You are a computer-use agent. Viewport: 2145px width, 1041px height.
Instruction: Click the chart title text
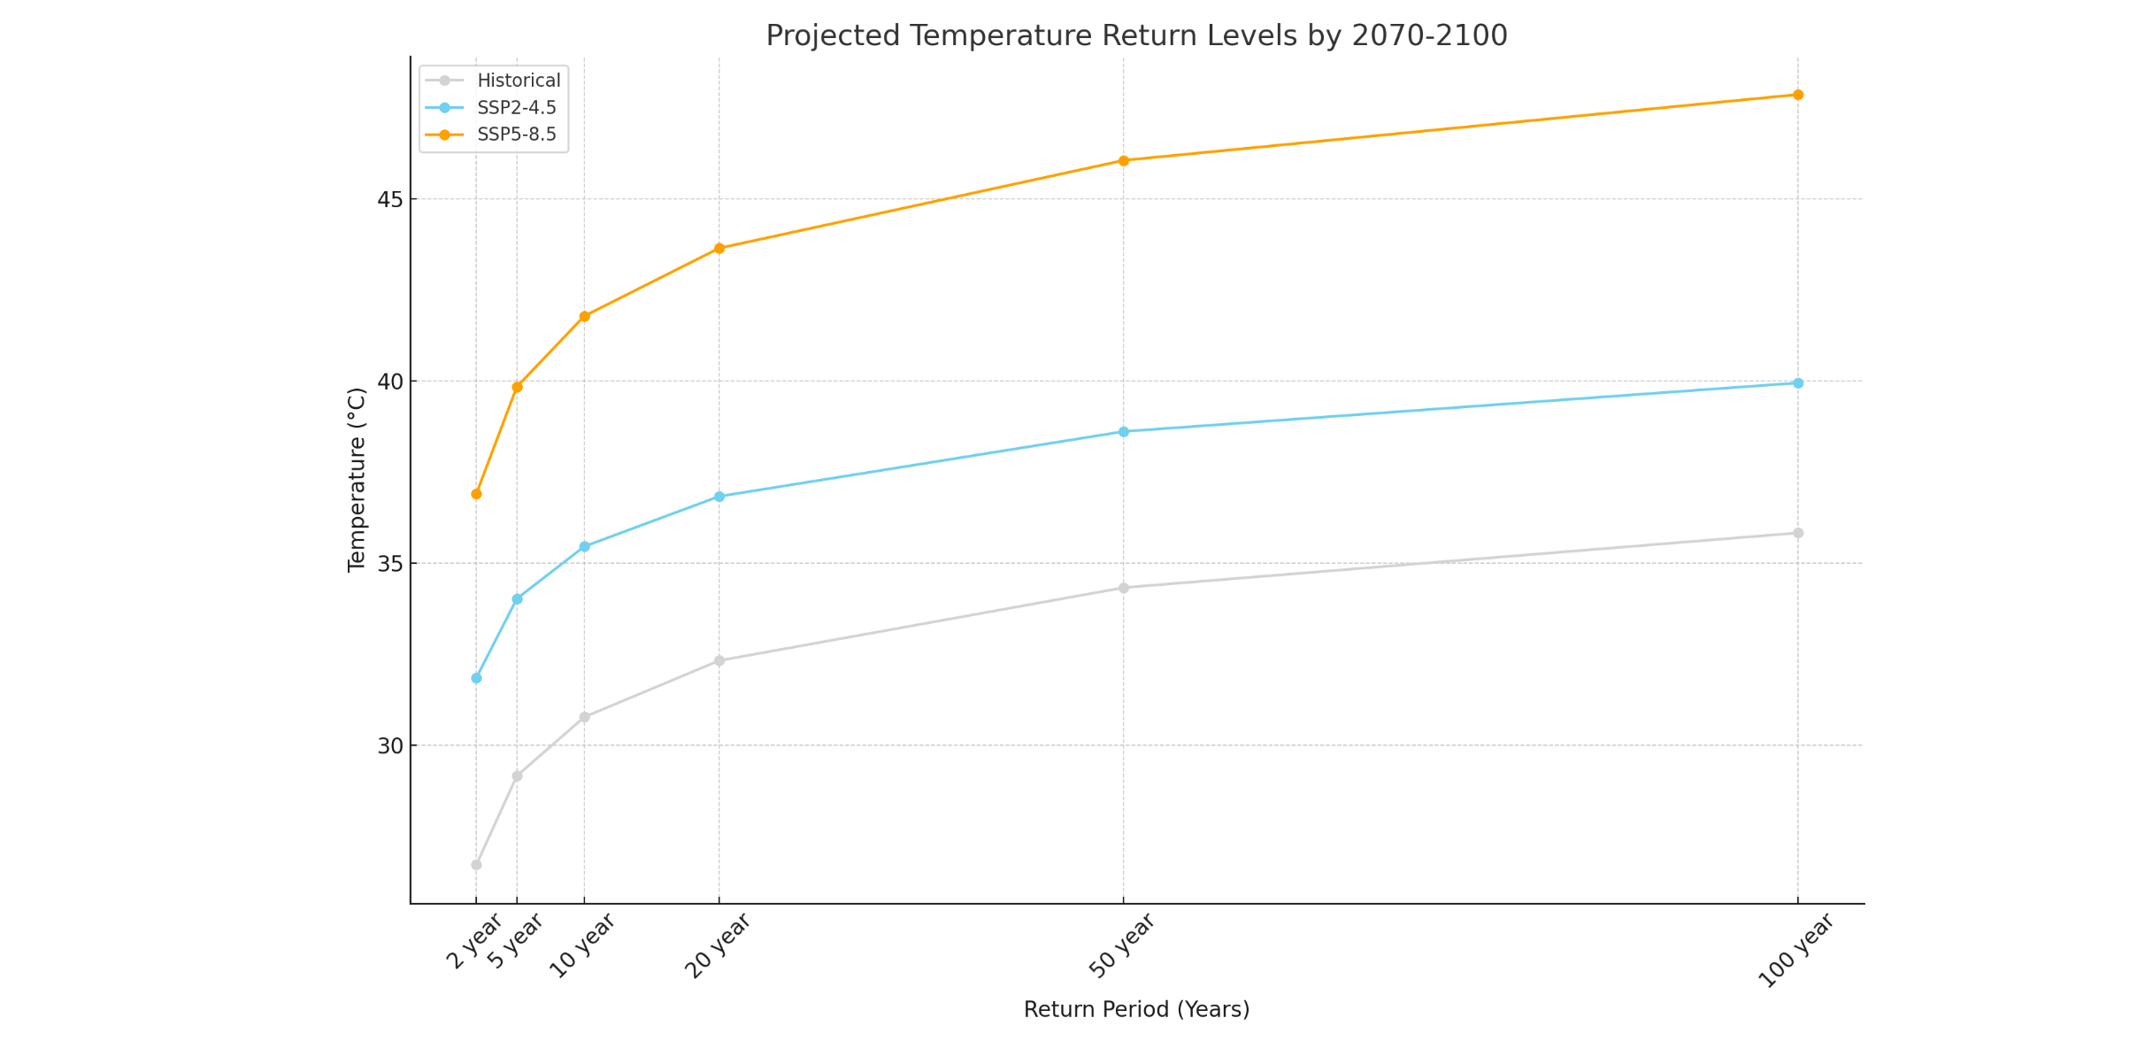click(x=1136, y=36)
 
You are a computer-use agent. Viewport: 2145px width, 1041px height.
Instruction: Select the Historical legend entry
click(x=518, y=81)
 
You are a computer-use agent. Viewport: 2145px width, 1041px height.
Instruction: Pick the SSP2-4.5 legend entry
click(x=516, y=108)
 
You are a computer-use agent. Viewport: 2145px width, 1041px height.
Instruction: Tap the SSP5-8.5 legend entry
click(x=516, y=135)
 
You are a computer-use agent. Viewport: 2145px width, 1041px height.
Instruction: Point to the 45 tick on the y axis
click(x=390, y=199)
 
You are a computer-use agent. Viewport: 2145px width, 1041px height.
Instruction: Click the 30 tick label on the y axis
click(x=390, y=746)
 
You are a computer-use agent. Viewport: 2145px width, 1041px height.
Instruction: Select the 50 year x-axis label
click(x=1121, y=945)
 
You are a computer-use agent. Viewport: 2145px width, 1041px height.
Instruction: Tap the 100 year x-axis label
click(x=1795, y=950)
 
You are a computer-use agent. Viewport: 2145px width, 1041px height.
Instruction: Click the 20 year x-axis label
click(x=718, y=945)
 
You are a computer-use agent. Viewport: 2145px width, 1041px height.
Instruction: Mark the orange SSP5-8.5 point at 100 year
click(x=1798, y=95)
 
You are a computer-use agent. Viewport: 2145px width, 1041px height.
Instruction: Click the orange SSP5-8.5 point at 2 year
click(x=476, y=494)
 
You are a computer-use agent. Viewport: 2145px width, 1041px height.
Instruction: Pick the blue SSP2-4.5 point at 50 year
click(x=1124, y=432)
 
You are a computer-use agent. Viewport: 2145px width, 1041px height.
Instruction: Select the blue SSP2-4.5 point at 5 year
click(x=518, y=599)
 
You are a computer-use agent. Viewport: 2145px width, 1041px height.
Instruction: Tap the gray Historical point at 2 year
click(x=476, y=865)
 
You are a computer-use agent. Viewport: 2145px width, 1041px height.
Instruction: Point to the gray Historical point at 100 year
click(x=1798, y=533)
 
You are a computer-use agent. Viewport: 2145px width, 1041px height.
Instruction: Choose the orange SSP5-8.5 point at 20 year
click(x=719, y=249)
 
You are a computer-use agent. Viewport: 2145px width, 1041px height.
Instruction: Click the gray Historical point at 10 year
click(x=584, y=717)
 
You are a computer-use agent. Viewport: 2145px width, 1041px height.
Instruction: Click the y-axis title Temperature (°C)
click(x=357, y=480)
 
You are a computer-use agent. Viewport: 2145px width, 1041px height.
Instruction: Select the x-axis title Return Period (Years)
click(x=1136, y=1010)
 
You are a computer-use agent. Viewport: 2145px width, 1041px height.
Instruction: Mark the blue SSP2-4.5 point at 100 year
click(x=1798, y=383)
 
